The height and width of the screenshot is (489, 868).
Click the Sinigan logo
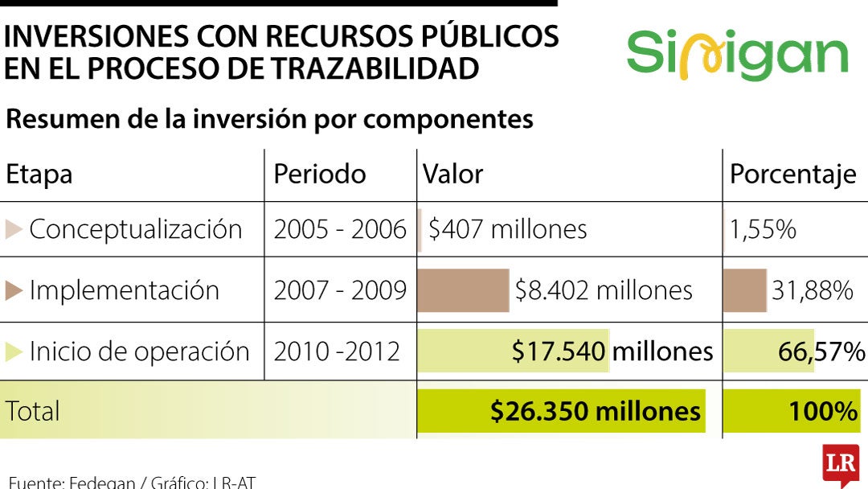[737, 55]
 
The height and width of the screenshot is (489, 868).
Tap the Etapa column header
[39, 175]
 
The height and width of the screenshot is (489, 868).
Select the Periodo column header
[320, 174]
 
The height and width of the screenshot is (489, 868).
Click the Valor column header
[452, 174]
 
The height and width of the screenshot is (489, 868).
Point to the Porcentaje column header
[792, 175]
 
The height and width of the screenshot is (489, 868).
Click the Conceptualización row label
[136, 228]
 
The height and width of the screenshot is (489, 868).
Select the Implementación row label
[124, 290]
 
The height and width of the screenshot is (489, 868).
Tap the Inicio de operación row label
[140, 351]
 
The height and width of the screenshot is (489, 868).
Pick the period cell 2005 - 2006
[340, 229]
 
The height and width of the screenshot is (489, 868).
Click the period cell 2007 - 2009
[340, 290]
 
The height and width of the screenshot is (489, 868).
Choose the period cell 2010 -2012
[337, 351]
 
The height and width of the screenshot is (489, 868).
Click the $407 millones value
[508, 229]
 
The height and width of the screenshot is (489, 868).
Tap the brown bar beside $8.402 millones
[463, 290]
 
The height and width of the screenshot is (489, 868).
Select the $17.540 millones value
[612, 351]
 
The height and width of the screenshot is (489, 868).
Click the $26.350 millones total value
[595, 412]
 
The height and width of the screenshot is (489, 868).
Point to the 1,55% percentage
[763, 229]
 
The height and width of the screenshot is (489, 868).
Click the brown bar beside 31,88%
[745, 290]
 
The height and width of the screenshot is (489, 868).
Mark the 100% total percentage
[823, 412]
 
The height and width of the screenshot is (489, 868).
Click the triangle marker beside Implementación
[14, 290]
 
